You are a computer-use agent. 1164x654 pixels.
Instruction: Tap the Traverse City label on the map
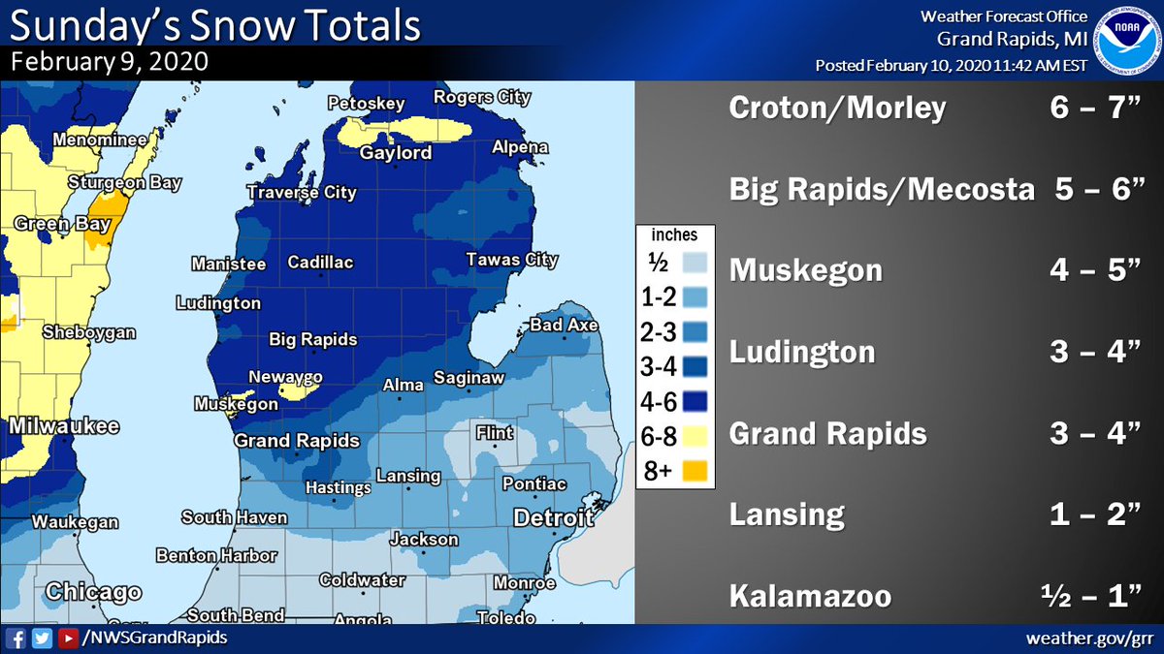click(302, 193)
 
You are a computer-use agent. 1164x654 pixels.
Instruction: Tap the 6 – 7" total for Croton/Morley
click(1097, 109)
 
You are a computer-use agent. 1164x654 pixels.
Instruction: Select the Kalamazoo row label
click(810, 595)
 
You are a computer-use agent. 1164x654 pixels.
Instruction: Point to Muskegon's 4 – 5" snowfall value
click(1097, 270)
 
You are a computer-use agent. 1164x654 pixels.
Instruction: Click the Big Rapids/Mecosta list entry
click(881, 190)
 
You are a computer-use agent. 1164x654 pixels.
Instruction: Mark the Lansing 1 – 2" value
click(1097, 514)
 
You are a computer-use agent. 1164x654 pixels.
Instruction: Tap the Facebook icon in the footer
click(16, 638)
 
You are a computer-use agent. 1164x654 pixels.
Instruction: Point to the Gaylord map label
click(396, 154)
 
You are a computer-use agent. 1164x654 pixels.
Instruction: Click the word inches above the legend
click(674, 235)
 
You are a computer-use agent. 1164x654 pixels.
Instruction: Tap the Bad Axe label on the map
click(564, 326)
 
